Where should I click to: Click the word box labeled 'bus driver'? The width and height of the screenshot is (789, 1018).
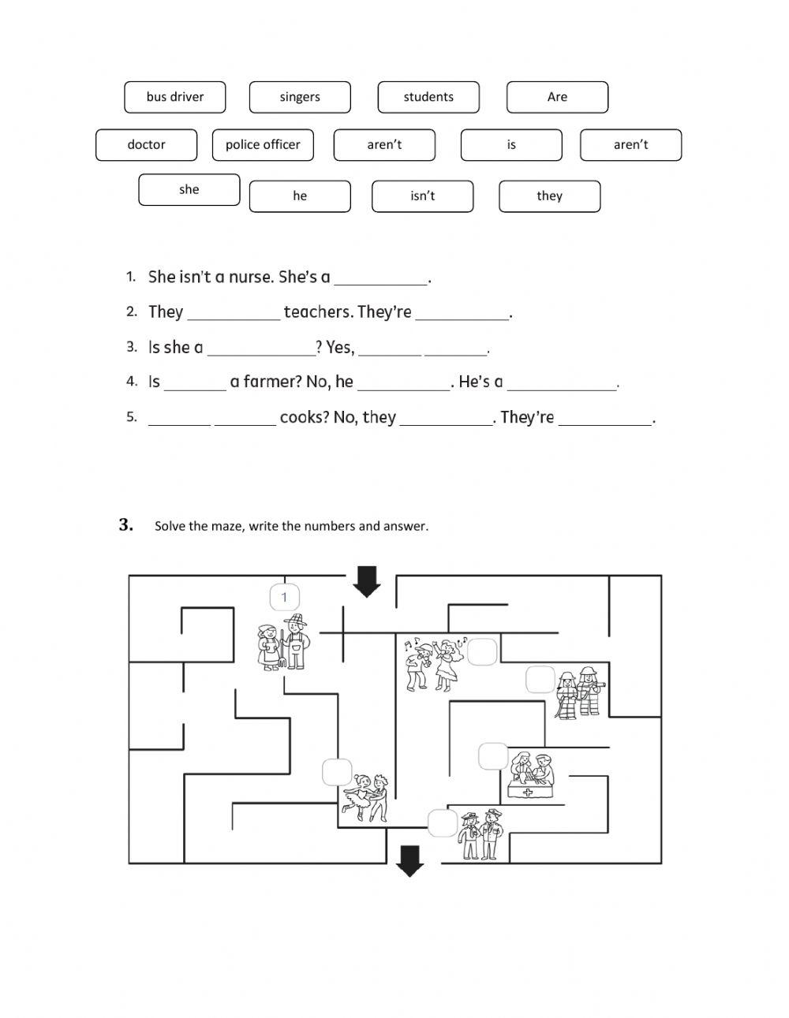tap(175, 97)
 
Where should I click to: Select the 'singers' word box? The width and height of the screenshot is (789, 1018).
tap(300, 97)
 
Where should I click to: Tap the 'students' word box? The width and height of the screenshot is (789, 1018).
tap(428, 97)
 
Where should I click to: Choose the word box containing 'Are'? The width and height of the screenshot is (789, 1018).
tap(557, 97)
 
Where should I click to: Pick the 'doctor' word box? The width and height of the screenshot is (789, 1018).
tap(146, 145)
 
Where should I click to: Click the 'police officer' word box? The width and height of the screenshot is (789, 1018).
tap(263, 145)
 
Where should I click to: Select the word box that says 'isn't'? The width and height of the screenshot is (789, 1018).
tap(422, 196)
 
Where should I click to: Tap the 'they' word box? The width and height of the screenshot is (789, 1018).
tap(549, 196)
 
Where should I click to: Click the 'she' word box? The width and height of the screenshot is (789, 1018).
tap(189, 190)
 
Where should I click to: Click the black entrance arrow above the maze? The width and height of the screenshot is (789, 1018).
tap(366, 582)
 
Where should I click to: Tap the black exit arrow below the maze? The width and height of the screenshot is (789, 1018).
tap(409, 860)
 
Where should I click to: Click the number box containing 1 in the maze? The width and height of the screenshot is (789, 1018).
tap(284, 598)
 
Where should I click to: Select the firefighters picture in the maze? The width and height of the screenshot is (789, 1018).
tap(579, 692)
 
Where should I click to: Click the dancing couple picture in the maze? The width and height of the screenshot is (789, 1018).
tap(365, 797)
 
